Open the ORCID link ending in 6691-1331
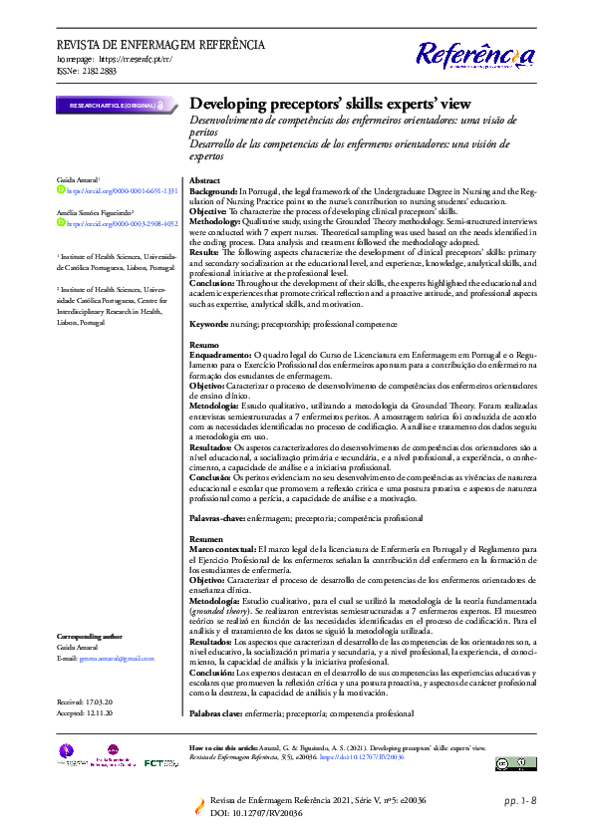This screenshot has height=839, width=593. (x=123, y=189)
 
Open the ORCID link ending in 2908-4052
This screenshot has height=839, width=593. (x=123, y=225)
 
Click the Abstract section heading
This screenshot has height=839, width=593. (x=205, y=179)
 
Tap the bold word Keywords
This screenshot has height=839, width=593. (x=209, y=324)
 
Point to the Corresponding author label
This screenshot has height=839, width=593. (x=90, y=635)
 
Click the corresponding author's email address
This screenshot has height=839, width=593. (x=118, y=658)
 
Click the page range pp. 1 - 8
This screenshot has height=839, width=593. (x=520, y=800)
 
